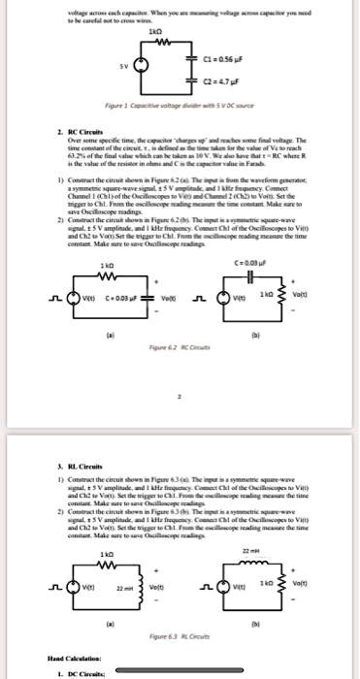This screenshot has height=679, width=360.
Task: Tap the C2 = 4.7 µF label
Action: point(236,85)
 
